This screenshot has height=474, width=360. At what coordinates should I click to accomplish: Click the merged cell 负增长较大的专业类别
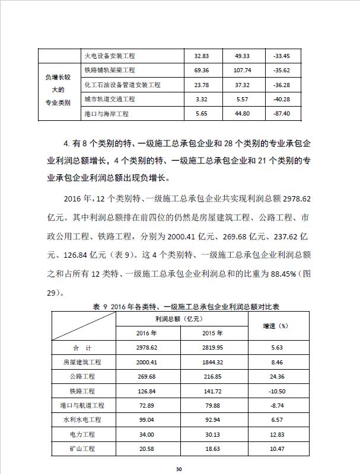(x=58, y=89)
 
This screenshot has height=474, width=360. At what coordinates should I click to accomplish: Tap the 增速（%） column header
(x=275, y=325)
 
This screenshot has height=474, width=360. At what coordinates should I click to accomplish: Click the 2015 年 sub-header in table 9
(x=213, y=332)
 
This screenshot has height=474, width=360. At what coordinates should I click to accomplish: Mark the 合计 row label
(x=82, y=348)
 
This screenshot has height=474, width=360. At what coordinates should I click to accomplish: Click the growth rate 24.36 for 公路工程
(x=275, y=376)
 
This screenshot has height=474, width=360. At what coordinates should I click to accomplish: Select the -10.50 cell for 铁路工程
(x=275, y=391)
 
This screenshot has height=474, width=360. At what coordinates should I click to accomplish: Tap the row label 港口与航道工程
(x=82, y=405)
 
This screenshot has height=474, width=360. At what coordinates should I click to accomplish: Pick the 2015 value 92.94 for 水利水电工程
(x=213, y=419)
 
